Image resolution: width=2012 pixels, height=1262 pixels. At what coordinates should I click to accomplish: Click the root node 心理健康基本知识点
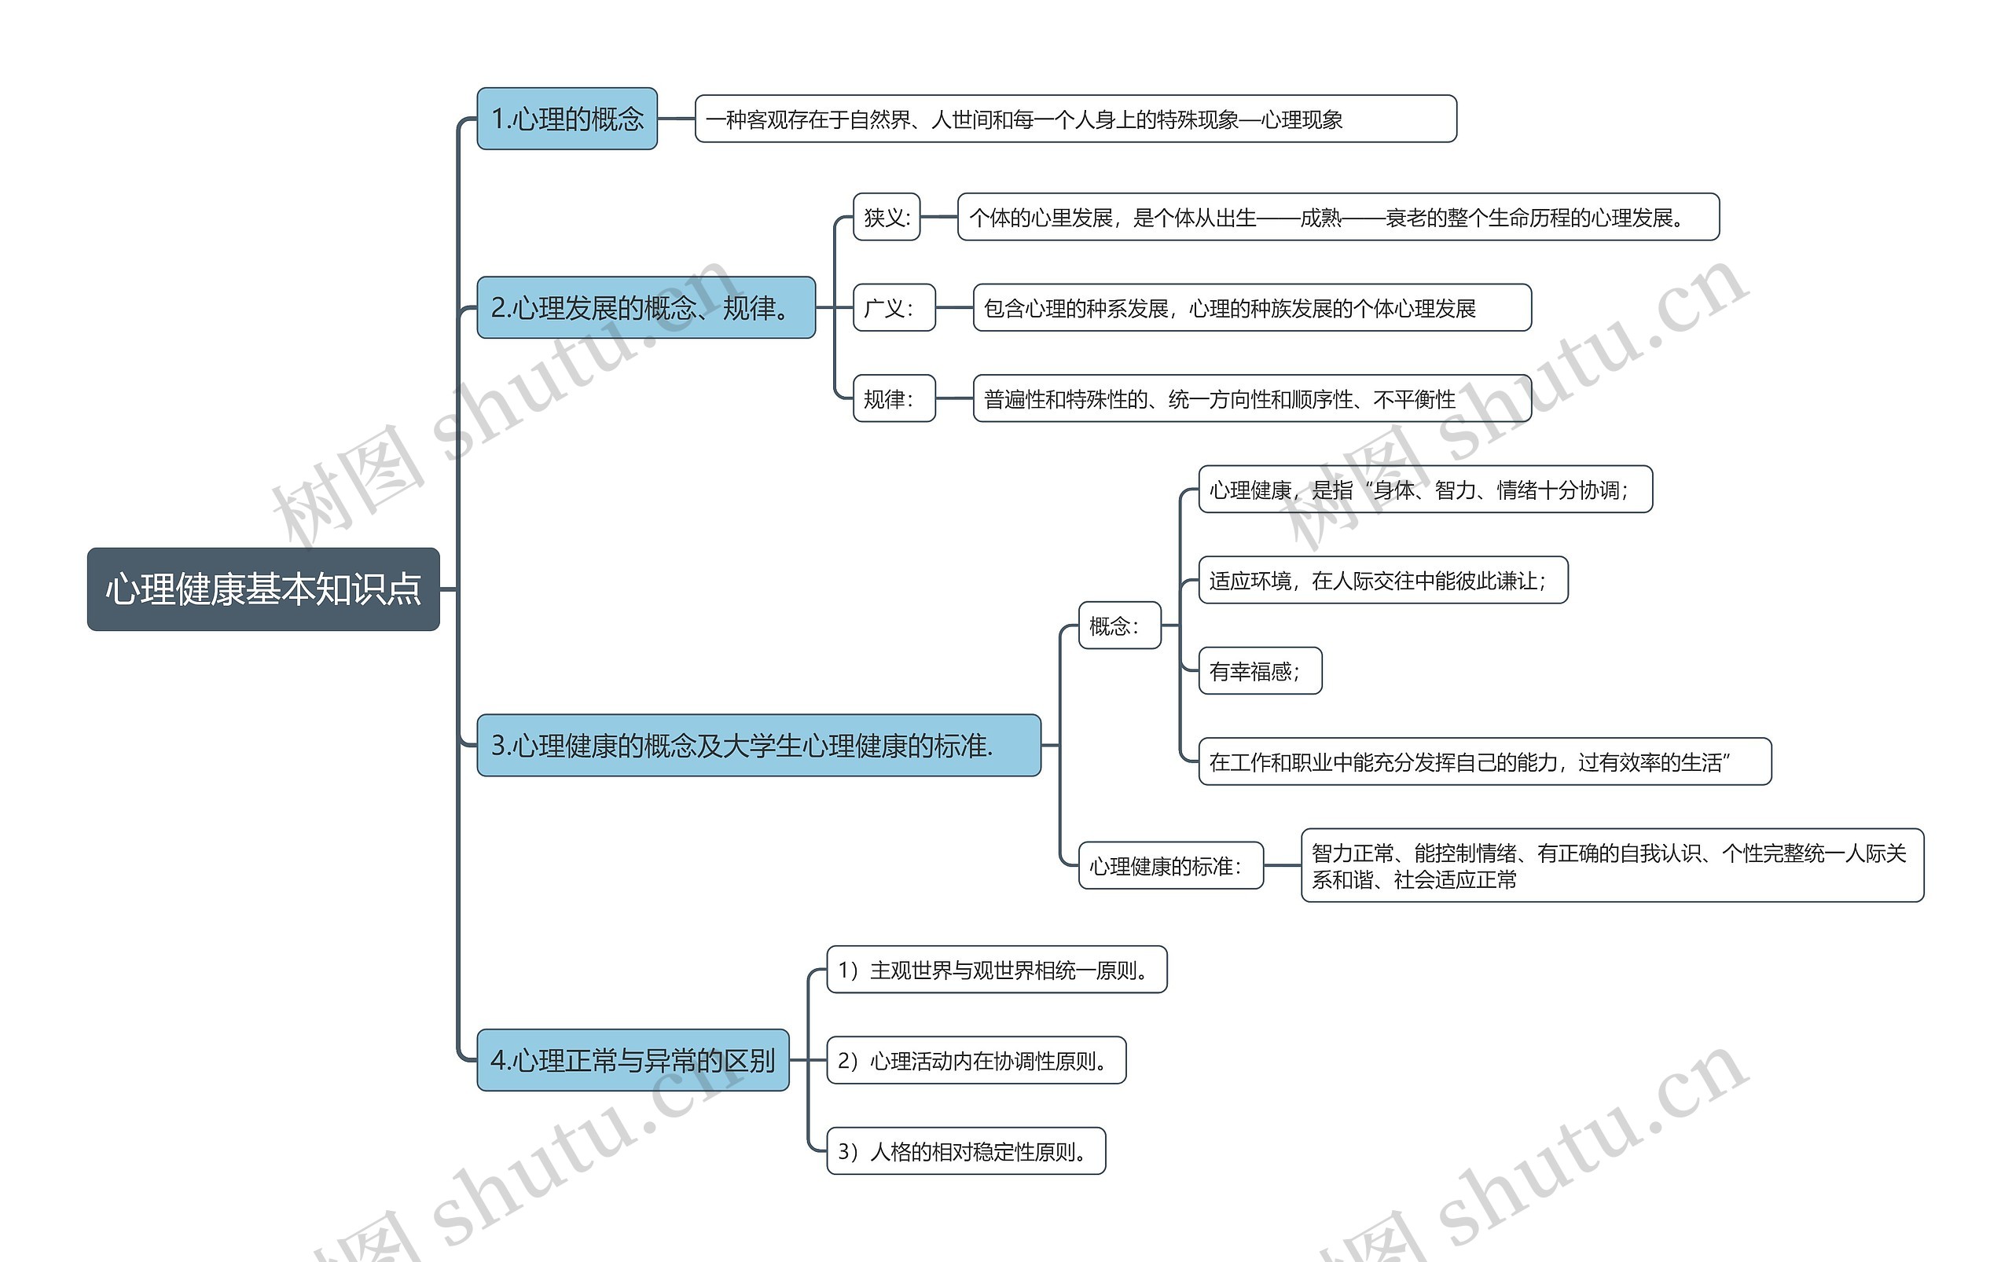[x=263, y=589]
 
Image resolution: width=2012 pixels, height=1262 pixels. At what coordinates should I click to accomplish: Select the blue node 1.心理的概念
[x=567, y=119]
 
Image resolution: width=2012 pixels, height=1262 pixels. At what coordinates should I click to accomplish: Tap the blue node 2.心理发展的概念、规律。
[x=645, y=307]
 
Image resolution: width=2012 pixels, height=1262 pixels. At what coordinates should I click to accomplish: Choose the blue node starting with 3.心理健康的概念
[x=758, y=744]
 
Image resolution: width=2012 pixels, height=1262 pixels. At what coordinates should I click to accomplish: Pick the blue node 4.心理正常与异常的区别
[x=632, y=1060]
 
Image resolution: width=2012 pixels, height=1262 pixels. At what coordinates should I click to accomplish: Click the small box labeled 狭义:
[x=886, y=217]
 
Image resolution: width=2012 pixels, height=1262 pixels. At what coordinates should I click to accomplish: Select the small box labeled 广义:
[x=894, y=307]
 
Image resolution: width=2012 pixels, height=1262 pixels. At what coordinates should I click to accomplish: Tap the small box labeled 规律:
[x=894, y=398]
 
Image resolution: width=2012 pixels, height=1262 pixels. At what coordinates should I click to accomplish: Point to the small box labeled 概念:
[x=1118, y=625]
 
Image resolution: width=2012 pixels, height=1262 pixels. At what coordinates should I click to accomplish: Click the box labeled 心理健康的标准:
[x=1169, y=865]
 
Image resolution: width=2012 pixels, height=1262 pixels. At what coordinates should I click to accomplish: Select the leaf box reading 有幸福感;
[x=1259, y=670]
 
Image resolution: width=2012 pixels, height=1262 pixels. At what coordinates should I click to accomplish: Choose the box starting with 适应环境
[x=1382, y=580]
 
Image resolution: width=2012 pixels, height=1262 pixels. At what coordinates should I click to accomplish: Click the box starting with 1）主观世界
[x=996, y=969]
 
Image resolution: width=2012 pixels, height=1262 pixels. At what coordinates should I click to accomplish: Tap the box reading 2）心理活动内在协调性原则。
[x=976, y=1060]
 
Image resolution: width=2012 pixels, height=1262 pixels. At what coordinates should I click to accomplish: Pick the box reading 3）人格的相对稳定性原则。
[x=966, y=1151]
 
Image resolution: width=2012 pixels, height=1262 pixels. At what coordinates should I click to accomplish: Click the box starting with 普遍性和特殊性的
[x=1251, y=398]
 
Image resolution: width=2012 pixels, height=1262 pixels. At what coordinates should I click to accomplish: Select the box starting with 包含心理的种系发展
[x=1251, y=307]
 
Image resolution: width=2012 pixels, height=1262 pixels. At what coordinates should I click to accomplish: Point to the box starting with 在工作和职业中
[x=1484, y=761]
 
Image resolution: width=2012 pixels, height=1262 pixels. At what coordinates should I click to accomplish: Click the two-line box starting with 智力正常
[x=1611, y=865]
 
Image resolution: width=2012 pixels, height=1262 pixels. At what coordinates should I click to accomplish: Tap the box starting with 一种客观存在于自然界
[x=1075, y=119]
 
